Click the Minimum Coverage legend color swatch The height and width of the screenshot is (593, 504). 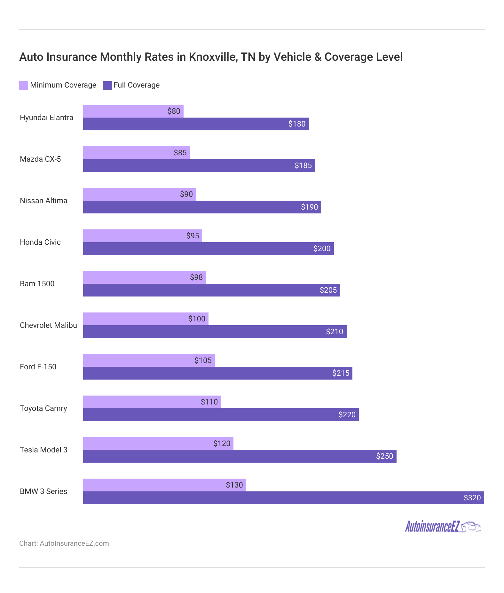point(24,85)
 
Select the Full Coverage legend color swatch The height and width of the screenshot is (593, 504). point(107,85)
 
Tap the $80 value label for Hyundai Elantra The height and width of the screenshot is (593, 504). point(174,111)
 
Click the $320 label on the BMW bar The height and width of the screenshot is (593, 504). point(472,498)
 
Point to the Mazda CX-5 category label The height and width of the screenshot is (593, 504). point(40,159)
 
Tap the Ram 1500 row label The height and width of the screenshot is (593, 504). point(37,284)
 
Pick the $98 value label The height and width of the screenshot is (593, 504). point(196,277)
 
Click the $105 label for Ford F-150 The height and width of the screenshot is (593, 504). point(203,360)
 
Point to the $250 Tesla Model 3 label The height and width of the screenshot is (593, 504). point(384,456)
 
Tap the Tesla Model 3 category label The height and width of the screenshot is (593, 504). point(43,450)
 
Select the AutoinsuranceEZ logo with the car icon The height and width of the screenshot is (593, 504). point(443,526)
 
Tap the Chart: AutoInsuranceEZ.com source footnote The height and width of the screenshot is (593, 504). point(64,543)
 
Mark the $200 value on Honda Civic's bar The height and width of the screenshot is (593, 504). point(322,249)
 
